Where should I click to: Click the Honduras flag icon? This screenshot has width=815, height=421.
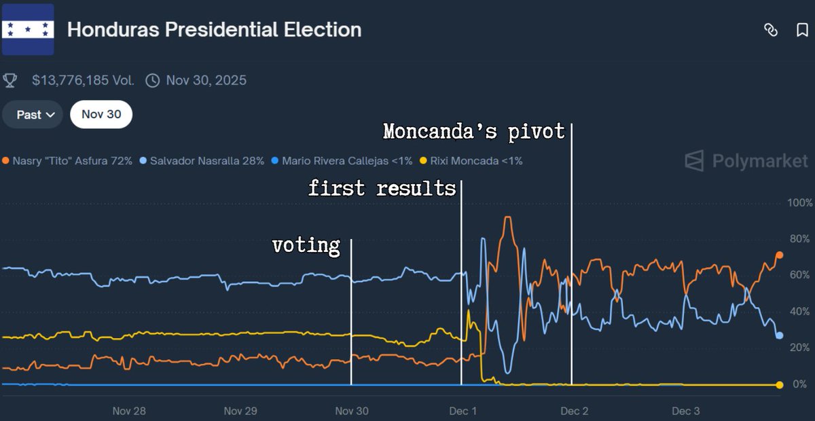pyautogui.click(x=28, y=29)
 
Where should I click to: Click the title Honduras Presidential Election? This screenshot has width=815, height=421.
pyautogui.click(x=214, y=30)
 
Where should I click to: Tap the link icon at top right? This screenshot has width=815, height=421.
pyautogui.click(x=770, y=30)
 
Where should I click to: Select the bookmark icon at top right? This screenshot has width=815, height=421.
pyautogui.click(x=802, y=30)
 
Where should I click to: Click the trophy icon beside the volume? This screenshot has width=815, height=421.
pyautogui.click(x=10, y=80)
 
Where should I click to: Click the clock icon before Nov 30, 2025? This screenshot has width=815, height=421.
pyautogui.click(x=153, y=80)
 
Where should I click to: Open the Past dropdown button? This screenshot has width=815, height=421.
pyautogui.click(x=33, y=115)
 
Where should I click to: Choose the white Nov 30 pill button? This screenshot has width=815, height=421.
pyautogui.click(x=101, y=115)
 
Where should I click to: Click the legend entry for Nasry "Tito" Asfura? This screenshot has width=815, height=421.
pyautogui.click(x=68, y=161)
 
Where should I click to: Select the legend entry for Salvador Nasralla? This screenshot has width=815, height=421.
pyautogui.click(x=202, y=161)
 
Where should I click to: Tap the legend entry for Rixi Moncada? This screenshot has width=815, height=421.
pyautogui.click(x=471, y=161)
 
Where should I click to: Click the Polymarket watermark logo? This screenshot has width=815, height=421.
pyautogui.click(x=746, y=161)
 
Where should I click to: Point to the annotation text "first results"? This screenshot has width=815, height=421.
pyautogui.click(x=382, y=188)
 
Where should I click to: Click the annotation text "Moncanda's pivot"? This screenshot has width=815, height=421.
pyautogui.click(x=473, y=131)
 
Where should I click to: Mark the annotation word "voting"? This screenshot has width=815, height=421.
pyautogui.click(x=306, y=245)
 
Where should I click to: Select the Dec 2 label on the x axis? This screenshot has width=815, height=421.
pyautogui.click(x=574, y=411)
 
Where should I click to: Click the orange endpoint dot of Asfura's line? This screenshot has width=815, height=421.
pyautogui.click(x=779, y=255)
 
